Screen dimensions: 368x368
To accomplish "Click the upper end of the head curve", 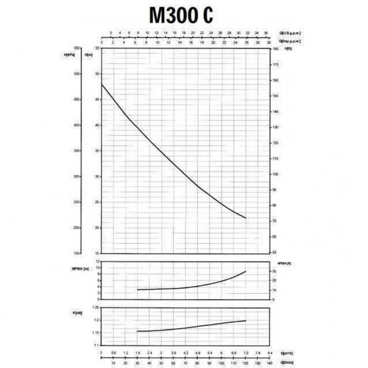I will click(x=101, y=83).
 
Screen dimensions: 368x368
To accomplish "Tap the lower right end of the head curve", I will click(x=245, y=218).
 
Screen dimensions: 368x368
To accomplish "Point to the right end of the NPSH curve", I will click(x=245, y=271).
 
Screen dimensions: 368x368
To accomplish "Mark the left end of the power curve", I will click(x=137, y=331).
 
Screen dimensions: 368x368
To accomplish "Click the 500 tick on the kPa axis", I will click(x=77, y=74).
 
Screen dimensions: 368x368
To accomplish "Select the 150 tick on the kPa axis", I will click(x=77, y=253).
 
